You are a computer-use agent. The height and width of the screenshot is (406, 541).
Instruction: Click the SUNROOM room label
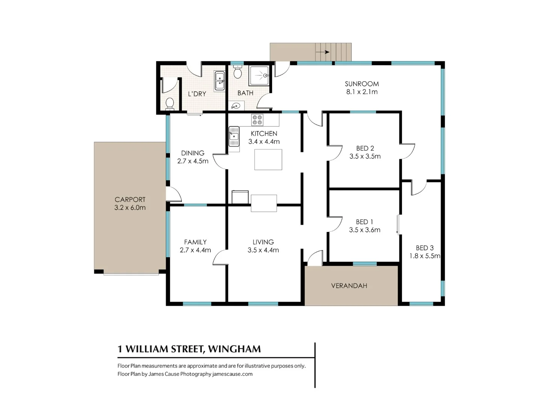[362, 84]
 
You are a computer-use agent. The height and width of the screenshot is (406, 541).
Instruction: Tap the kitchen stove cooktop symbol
[257, 120]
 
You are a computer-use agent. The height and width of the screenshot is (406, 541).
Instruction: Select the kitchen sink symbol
[234, 136]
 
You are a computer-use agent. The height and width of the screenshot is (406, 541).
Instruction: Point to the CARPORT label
[130, 200]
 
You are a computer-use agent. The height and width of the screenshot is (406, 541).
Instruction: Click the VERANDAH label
[349, 286]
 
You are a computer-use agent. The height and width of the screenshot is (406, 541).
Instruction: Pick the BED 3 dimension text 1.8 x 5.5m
[425, 256]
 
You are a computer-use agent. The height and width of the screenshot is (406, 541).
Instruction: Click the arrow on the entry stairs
[323, 52]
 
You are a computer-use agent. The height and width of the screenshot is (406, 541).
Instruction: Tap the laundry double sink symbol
[219, 80]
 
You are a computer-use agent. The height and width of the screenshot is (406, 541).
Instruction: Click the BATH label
[245, 93]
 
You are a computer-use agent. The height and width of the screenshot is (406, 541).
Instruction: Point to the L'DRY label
[197, 94]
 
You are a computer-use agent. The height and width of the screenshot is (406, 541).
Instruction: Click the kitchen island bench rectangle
[268, 159]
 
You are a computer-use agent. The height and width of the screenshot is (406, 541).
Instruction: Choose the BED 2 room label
[365, 148]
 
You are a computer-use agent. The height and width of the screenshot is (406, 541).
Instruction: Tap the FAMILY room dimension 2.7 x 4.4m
[195, 250]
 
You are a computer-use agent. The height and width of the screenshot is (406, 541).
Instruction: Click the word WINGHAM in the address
[234, 349]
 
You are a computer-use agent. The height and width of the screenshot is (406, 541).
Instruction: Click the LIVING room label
[263, 242]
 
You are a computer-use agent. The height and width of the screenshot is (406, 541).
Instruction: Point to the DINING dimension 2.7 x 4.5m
[193, 161]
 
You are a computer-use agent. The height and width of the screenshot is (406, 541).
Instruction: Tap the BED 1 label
[364, 222]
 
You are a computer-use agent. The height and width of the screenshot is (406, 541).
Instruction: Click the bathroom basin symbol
[236, 106]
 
